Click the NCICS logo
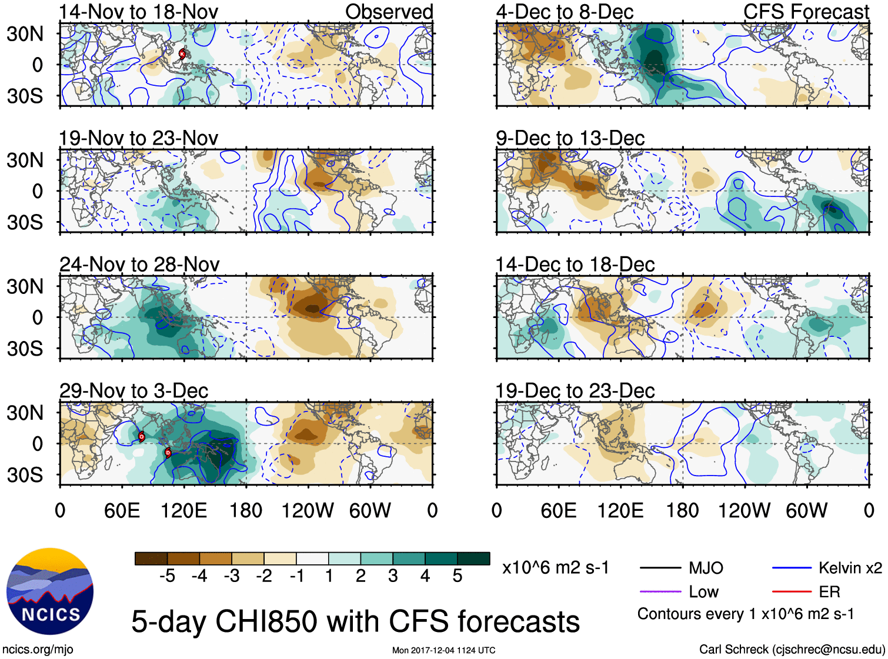50,591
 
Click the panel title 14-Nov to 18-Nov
138,12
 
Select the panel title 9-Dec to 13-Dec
570,138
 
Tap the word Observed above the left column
389,12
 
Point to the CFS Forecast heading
806,12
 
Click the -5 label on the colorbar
167,576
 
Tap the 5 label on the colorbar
458,576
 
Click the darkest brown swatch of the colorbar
151,558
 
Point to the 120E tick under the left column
183,510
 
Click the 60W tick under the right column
806,510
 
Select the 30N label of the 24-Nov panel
25,287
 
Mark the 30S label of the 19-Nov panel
25,223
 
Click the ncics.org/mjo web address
38,650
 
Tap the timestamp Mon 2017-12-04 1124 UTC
443,650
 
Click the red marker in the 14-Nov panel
182,54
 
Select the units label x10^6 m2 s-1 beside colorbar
555,568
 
